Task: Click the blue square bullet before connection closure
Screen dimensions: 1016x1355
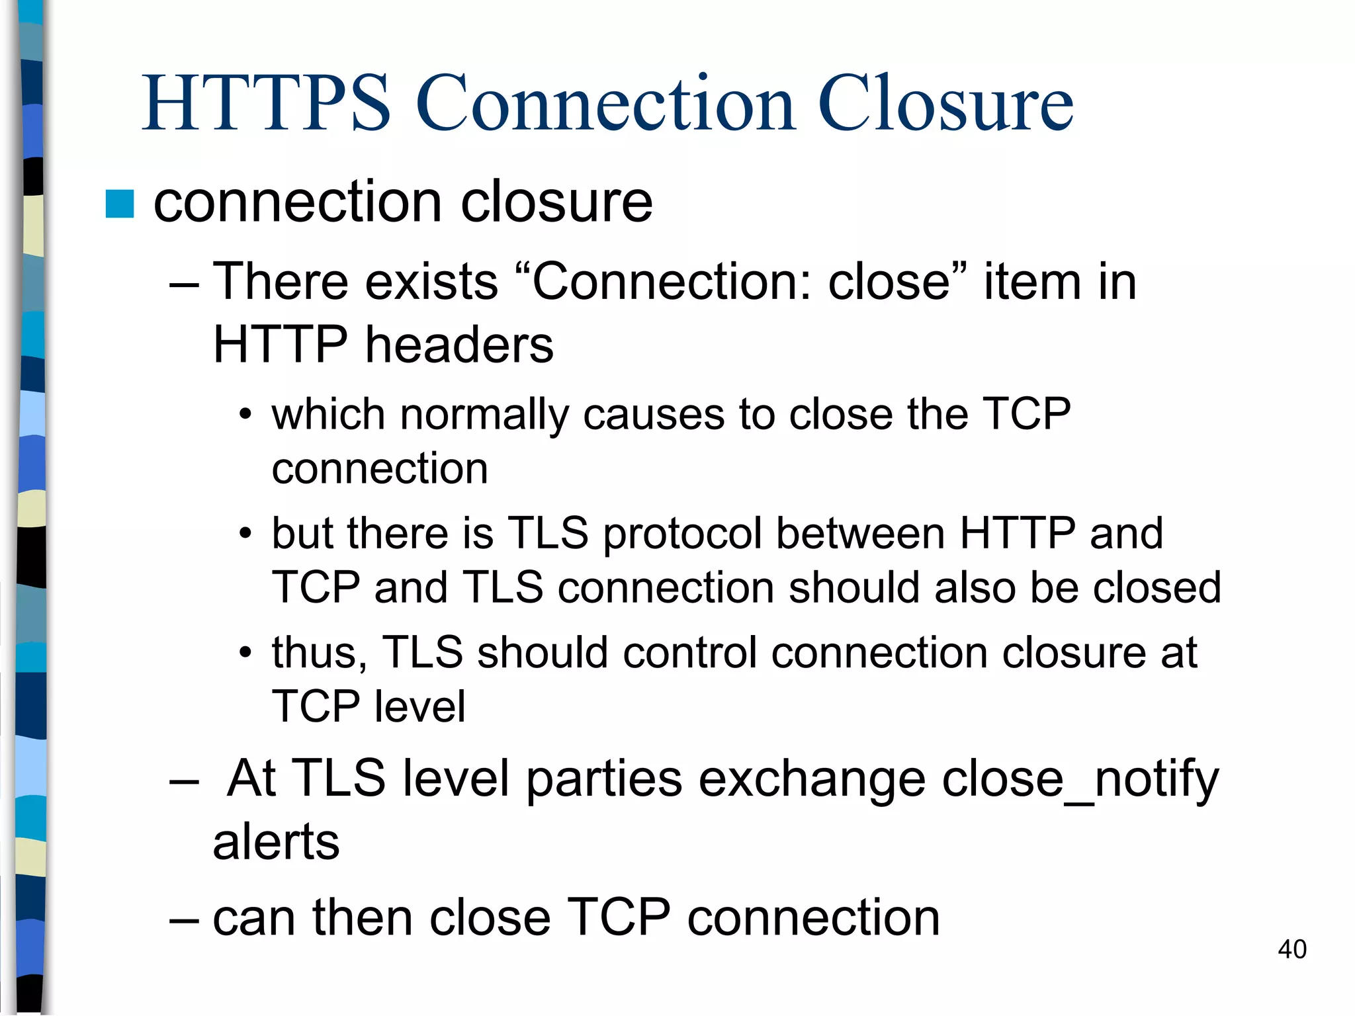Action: pyautogui.click(x=120, y=204)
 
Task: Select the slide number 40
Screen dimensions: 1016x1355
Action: pyautogui.click(x=1291, y=949)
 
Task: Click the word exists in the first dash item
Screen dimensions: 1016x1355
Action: pyautogui.click(x=431, y=282)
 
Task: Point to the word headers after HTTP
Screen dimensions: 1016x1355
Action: pyautogui.click(x=459, y=345)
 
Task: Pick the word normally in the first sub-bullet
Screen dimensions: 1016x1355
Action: pyautogui.click(x=484, y=415)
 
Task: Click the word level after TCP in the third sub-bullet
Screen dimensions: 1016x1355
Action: pyautogui.click(x=419, y=706)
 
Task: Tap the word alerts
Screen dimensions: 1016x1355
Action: pyautogui.click(x=276, y=842)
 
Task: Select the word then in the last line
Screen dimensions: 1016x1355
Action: pyautogui.click(x=363, y=918)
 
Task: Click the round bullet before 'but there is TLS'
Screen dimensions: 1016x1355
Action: pyautogui.click(x=245, y=533)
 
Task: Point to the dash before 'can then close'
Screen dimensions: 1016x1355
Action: pyautogui.click(x=184, y=919)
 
